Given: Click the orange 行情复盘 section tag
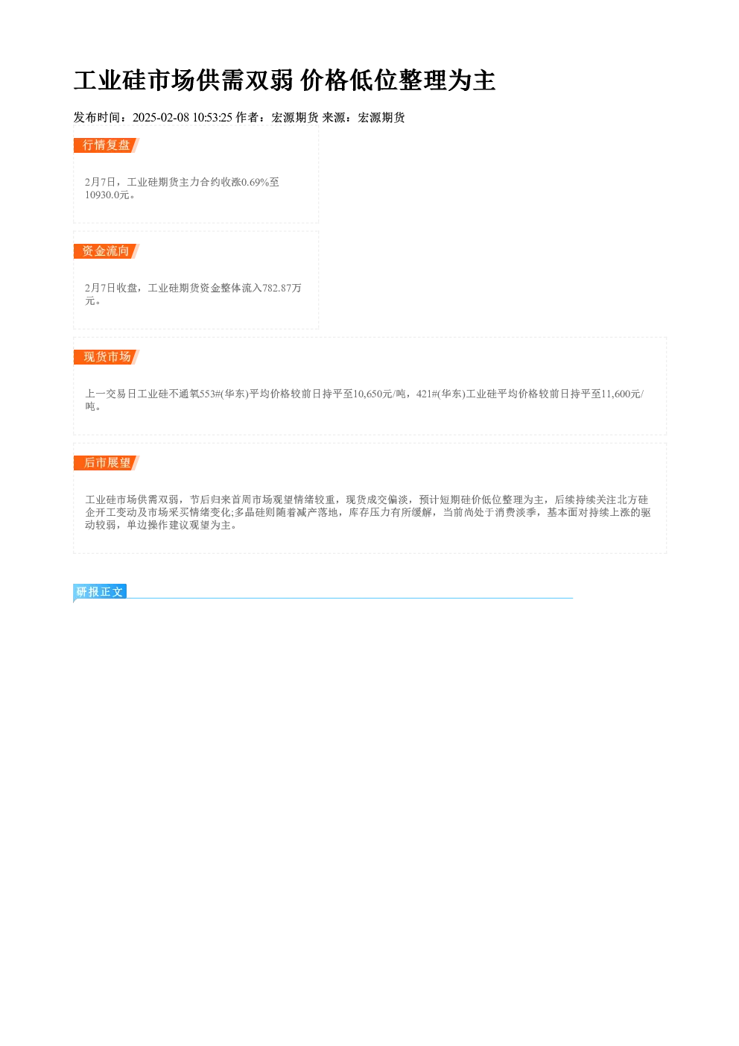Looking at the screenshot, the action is coord(107,145).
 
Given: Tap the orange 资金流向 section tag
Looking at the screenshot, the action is coord(107,251).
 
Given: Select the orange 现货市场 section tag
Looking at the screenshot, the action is coord(107,357).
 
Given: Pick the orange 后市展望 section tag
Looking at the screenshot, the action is coord(107,463).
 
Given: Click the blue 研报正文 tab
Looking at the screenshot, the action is coord(100,592).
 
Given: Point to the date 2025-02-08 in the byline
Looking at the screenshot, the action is coord(161,118).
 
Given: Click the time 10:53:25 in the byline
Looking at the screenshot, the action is coord(212,118).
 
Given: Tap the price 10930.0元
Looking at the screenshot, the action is coord(107,195).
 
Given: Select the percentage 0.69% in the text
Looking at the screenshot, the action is coord(255,182).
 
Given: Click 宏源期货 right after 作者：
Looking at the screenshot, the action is coord(295,118).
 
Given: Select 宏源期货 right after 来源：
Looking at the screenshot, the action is coord(381,118).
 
